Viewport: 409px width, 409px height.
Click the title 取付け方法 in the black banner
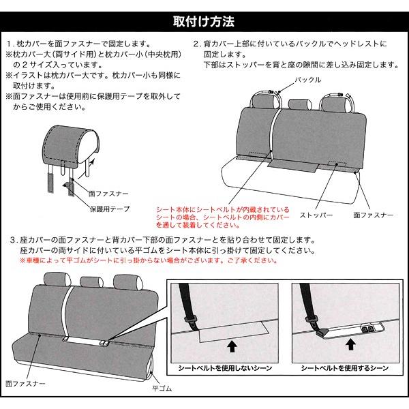204,21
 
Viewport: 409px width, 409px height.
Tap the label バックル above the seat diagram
308,80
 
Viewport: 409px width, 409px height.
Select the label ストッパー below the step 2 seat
316,215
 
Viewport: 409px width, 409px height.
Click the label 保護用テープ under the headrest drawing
110,209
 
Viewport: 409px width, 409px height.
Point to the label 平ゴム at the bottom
162,389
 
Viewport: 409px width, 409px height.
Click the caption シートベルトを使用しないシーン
225,368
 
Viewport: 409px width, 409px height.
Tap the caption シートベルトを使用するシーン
345,368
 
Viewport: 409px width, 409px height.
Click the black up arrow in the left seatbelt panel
232,347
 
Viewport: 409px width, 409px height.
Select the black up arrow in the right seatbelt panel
351,344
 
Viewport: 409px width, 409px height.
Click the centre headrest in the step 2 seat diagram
300,104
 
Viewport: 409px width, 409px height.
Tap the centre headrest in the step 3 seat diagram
91,282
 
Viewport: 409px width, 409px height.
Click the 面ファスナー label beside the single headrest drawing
108,194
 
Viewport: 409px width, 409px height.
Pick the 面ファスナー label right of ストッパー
374,215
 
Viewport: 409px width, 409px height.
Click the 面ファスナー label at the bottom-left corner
25,384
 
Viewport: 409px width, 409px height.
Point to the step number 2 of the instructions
196,44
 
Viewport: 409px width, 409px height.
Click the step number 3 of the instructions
13,240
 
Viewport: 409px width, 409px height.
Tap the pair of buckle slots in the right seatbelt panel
367,329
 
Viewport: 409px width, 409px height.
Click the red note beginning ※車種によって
149,260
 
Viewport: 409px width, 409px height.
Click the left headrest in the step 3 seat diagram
57,279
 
